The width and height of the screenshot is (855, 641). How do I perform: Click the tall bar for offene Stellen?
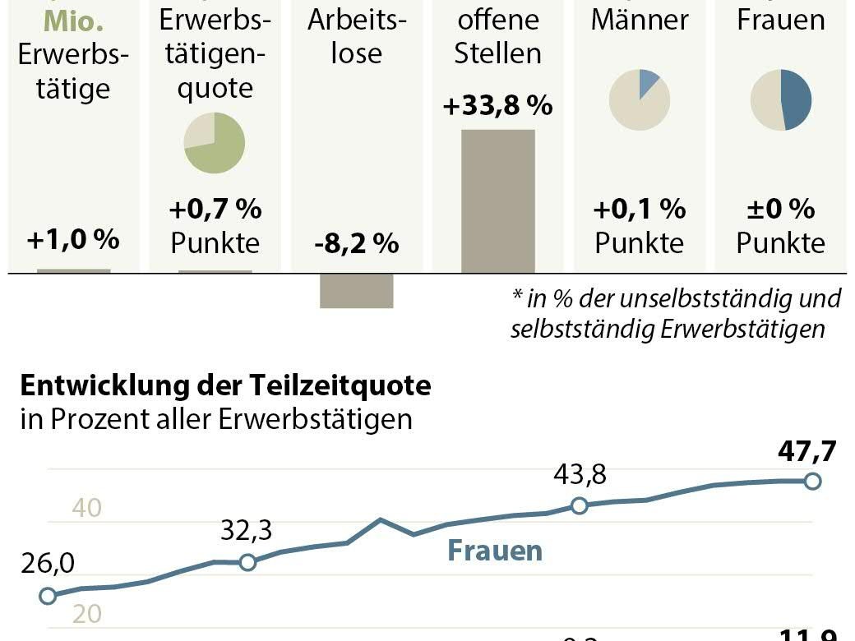click(x=497, y=201)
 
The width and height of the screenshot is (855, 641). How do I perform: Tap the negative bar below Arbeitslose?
click(x=356, y=290)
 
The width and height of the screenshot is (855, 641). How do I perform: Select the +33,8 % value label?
click(x=497, y=107)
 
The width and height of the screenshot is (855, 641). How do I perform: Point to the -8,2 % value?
click(x=356, y=243)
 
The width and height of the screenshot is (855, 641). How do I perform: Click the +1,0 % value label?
click(x=73, y=240)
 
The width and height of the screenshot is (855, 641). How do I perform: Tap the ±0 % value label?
click(x=781, y=209)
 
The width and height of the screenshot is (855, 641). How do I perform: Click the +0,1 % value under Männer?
click(x=640, y=209)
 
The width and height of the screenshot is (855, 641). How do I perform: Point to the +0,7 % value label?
click(x=215, y=209)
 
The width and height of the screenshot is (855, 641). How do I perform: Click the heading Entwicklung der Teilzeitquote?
click(x=225, y=385)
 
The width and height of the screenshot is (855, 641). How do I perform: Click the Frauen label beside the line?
click(x=495, y=550)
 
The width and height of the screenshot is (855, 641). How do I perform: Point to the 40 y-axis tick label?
click(x=87, y=508)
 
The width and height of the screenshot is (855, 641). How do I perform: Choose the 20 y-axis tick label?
click(x=87, y=614)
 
